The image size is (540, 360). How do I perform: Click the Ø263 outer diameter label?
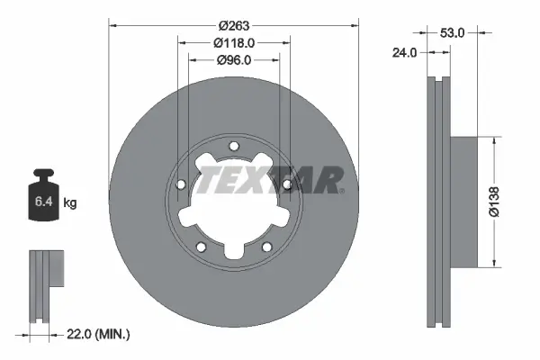(234, 25)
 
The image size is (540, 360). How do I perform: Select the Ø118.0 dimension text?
(234, 42)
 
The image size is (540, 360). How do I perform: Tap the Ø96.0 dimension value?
(234, 60)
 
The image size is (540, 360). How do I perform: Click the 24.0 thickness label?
(406, 52)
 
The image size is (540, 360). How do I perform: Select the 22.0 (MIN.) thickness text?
(98, 334)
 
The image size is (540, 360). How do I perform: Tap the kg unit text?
(70, 203)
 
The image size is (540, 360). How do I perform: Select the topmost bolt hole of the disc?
(234, 147)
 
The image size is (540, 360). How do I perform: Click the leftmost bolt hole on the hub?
(181, 185)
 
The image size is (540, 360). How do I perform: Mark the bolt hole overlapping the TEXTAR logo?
(287, 184)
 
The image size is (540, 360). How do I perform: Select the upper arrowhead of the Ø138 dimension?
(493, 140)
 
